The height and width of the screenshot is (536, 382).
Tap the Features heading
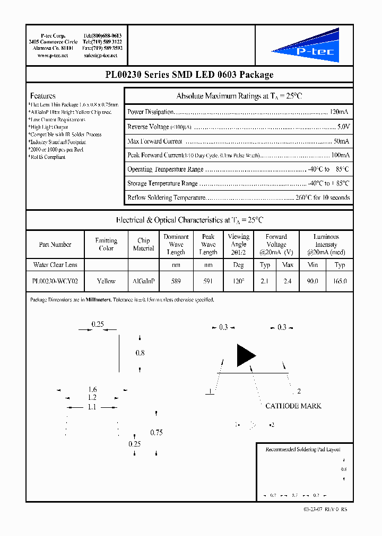(x=42, y=96)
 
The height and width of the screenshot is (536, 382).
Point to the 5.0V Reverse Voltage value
(x=343, y=127)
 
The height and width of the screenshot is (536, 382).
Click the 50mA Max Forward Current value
(x=341, y=141)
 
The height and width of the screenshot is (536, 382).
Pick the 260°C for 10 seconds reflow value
(x=323, y=198)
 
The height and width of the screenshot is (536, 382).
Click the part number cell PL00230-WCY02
(x=55, y=281)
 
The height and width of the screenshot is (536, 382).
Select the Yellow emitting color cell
(x=106, y=281)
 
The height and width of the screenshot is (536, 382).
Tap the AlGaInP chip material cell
(x=143, y=281)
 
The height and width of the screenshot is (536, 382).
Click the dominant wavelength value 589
(x=176, y=281)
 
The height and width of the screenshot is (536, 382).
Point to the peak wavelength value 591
(x=208, y=281)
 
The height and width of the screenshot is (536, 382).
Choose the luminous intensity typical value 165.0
(x=340, y=281)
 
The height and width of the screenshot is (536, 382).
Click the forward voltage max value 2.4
(x=287, y=281)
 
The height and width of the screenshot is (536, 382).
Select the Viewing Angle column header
(x=238, y=244)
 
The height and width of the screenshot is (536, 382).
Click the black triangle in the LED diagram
(x=245, y=355)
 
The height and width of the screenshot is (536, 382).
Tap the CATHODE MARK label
(x=293, y=406)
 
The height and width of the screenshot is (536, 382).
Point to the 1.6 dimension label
(x=92, y=389)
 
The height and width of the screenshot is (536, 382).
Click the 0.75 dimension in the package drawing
(x=156, y=432)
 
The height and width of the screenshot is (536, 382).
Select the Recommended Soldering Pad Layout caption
(x=303, y=449)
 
